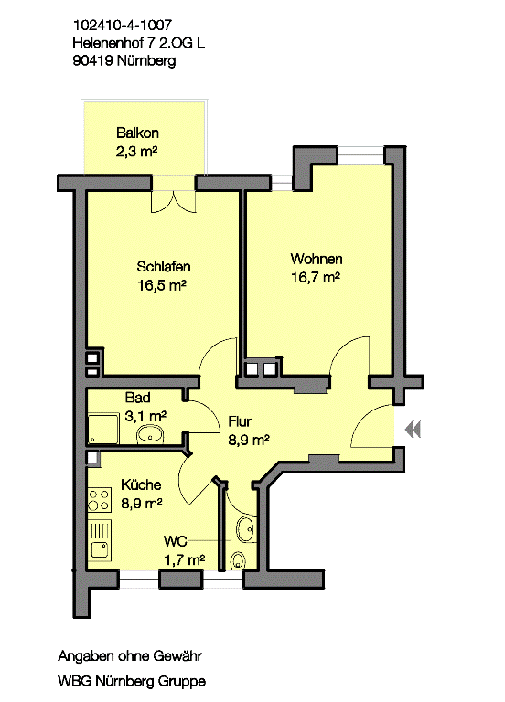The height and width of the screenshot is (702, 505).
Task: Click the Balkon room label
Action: pos(137,133)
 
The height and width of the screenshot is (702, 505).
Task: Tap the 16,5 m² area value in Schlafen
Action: pos(161,285)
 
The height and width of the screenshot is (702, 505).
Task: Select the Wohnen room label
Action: pos(317,259)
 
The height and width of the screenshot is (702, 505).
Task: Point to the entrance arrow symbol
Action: pos(413,430)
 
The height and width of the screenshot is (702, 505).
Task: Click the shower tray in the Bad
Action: pos(103,429)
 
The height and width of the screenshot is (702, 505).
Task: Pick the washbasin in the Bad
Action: pos(151,434)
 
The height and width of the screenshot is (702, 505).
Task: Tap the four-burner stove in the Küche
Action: pos(99,500)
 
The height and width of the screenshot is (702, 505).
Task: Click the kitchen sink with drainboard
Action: pos(100,540)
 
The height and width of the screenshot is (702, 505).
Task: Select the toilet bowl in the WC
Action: pos(238,560)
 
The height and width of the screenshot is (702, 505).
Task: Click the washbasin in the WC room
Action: pos(245,529)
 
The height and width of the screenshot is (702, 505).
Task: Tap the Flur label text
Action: pos(240,421)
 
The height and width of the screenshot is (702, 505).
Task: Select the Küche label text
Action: pos(141,484)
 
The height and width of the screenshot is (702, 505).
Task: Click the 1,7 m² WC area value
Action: pos(184,559)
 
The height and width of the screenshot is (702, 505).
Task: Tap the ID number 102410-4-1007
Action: pos(122,25)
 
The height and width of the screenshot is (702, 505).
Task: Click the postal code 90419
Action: pos(92,60)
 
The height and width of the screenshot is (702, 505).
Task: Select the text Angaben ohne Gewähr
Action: pos(130,656)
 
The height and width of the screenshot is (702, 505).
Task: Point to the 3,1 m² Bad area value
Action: pos(145,417)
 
